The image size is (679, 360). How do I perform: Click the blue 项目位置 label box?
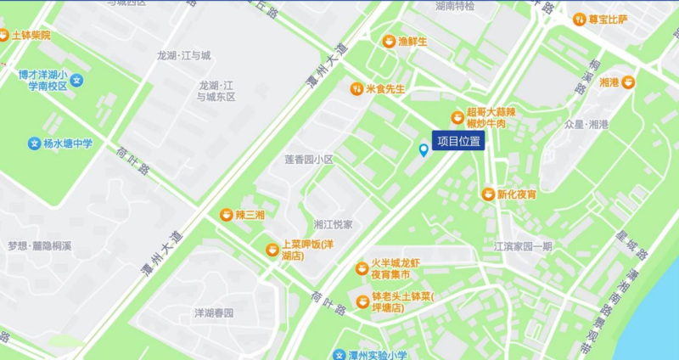point(458,141)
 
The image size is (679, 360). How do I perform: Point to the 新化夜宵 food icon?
point(487,194)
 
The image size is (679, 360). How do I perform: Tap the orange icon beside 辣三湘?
point(226,215)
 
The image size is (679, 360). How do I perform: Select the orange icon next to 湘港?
point(628,82)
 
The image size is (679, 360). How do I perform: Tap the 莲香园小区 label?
point(309,160)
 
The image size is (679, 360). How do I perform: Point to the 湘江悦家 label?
point(333,224)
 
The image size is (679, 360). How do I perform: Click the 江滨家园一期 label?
point(523,246)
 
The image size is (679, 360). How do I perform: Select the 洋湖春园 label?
point(214,312)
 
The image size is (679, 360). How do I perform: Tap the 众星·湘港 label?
point(586,124)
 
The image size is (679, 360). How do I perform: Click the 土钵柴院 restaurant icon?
point(4,36)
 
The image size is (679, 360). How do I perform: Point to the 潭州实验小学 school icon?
point(338,356)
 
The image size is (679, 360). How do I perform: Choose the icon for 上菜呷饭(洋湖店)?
point(272,250)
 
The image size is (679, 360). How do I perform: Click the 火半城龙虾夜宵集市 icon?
point(362,269)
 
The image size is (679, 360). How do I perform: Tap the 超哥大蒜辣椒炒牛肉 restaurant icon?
point(457,118)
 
